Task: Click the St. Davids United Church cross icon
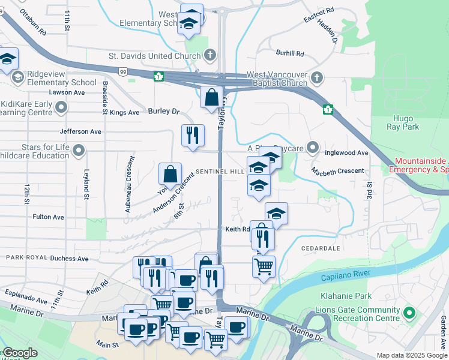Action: point(209,56)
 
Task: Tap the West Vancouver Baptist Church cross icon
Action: point(317,78)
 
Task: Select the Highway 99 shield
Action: point(122,71)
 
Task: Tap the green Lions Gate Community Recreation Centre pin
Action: point(409,313)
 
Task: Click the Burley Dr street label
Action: point(163,112)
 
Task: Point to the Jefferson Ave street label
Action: point(80,131)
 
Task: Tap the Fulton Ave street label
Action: point(48,217)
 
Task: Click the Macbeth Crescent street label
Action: point(338,172)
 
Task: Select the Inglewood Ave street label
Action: point(346,153)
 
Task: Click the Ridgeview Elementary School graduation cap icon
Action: point(17,77)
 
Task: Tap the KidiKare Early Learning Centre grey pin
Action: point(61,107)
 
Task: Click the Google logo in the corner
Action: point(20,353)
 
